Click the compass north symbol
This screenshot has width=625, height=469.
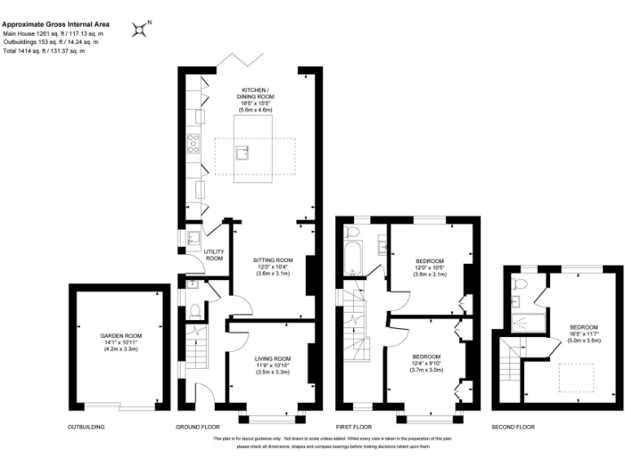click(x=142, y=29)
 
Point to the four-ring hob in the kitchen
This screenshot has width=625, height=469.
click(x=195, y=144)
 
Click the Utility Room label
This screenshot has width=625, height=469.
click(x=214, y=255)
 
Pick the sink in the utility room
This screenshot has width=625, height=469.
click(x=194, y=239)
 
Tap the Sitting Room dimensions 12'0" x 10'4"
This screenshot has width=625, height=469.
click(x=272, y=266)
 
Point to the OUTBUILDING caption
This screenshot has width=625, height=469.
click(x=86, y=427)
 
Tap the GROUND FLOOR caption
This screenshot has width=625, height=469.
click(x=199, y=427)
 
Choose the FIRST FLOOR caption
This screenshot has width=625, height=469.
click(x=354, y=427)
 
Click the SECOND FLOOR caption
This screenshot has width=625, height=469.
click(x=514, y=427)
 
